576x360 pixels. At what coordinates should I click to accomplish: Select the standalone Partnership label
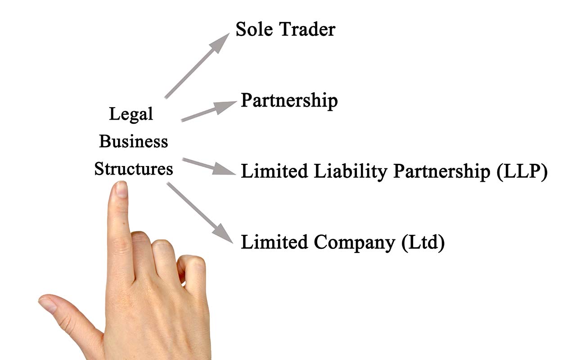tap(289, 101)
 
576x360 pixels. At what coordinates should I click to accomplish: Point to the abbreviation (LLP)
tap(522, 172)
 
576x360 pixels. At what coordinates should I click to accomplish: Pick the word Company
tap(354, 243)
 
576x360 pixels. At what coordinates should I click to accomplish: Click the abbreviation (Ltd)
tap(423, 243)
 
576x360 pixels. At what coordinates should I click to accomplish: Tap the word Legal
tap(131, 114)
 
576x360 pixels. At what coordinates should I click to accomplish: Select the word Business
tap(133, 141)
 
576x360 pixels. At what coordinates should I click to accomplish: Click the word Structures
tap(134, 169)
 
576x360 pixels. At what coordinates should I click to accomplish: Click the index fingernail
tap(121, 189)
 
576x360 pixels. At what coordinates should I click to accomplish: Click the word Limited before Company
tap(274, 243)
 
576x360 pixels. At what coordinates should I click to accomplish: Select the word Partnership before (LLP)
tap(441, 172)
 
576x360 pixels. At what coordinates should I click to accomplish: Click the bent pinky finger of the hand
tap(191, 270)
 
